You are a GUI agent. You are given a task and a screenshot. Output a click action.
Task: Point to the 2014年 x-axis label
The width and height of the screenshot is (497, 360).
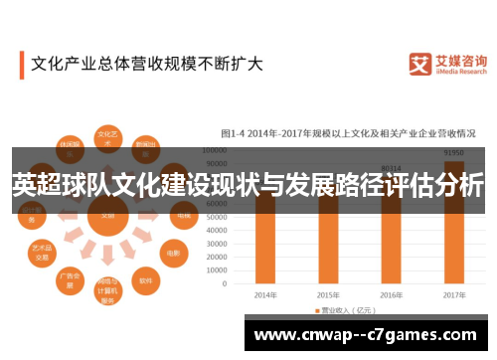click(264, 295)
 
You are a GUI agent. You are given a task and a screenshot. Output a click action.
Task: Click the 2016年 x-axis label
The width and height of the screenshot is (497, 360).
click(391, 295)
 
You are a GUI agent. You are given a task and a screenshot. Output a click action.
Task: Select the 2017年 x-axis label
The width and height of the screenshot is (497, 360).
click(453, 295)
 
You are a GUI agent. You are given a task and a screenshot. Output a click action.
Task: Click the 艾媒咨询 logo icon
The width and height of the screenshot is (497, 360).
click(418, 64)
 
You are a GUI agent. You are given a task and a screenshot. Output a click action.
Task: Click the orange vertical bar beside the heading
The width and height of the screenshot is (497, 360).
click(21, 66)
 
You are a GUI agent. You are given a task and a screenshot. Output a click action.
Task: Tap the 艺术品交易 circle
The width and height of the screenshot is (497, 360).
click(42, 250)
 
